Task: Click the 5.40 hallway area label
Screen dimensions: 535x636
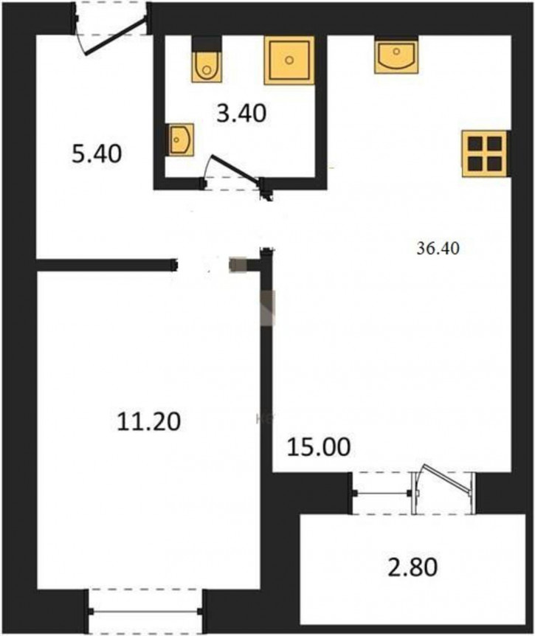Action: [x=97, y=154]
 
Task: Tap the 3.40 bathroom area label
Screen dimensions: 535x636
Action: [x=242, y=113]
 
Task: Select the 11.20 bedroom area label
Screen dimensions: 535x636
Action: [x=148, y=421]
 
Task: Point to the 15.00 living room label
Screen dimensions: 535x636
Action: [x=319, y=447]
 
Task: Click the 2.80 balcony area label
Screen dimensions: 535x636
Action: [x=413, y=567]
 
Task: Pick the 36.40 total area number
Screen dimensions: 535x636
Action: [x=438, y=248]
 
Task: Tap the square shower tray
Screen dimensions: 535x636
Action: [x=289, y=61]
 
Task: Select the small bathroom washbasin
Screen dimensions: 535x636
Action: [x=180, y=140]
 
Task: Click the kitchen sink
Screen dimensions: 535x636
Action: [x=396, y=55]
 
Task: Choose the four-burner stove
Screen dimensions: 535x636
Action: [x=486, y=153]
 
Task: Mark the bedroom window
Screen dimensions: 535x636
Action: [x=145, y=612]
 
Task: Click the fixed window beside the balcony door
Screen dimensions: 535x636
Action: [x=382, y=493]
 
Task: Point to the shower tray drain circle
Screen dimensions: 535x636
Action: [x=289, y=61]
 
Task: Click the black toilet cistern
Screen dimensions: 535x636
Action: [x=207, y=44]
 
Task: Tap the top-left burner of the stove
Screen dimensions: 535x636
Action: [x=475, y=144]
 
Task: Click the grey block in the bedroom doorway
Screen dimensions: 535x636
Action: [x=238, y=265]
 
